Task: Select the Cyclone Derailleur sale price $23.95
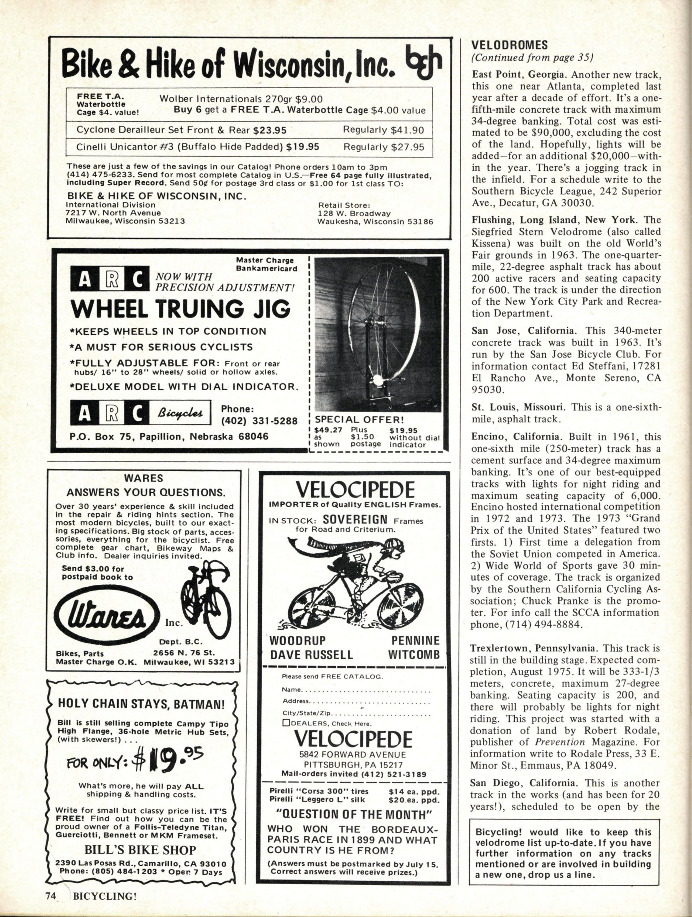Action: point(270,130)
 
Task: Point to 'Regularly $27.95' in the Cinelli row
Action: point(384,147)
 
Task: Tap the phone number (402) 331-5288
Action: point(259,421)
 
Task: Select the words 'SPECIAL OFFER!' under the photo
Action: point(360,419)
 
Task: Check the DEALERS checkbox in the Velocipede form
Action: point(286,723)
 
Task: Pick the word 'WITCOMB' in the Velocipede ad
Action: point(414,655)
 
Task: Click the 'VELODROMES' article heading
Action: point(510,44)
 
